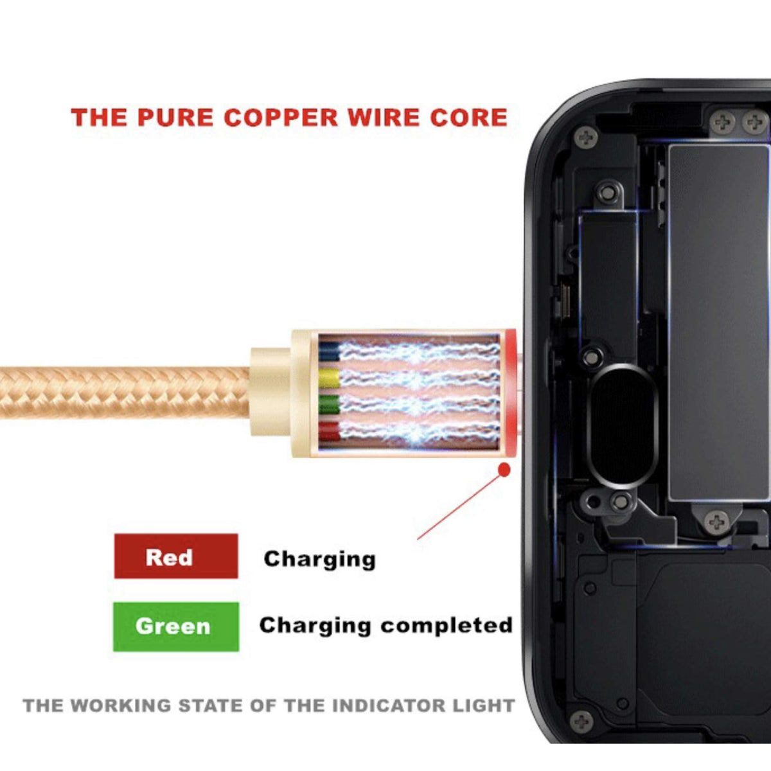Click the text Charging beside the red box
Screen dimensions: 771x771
[319, 559]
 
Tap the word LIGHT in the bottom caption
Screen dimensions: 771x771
[484, 705]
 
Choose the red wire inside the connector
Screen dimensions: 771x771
[329, 430]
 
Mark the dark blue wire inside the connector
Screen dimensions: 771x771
[329, 351]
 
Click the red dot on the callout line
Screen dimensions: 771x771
[504, 470]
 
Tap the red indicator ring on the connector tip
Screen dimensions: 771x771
[510, 393]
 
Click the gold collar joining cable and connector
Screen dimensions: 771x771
[270, 392]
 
